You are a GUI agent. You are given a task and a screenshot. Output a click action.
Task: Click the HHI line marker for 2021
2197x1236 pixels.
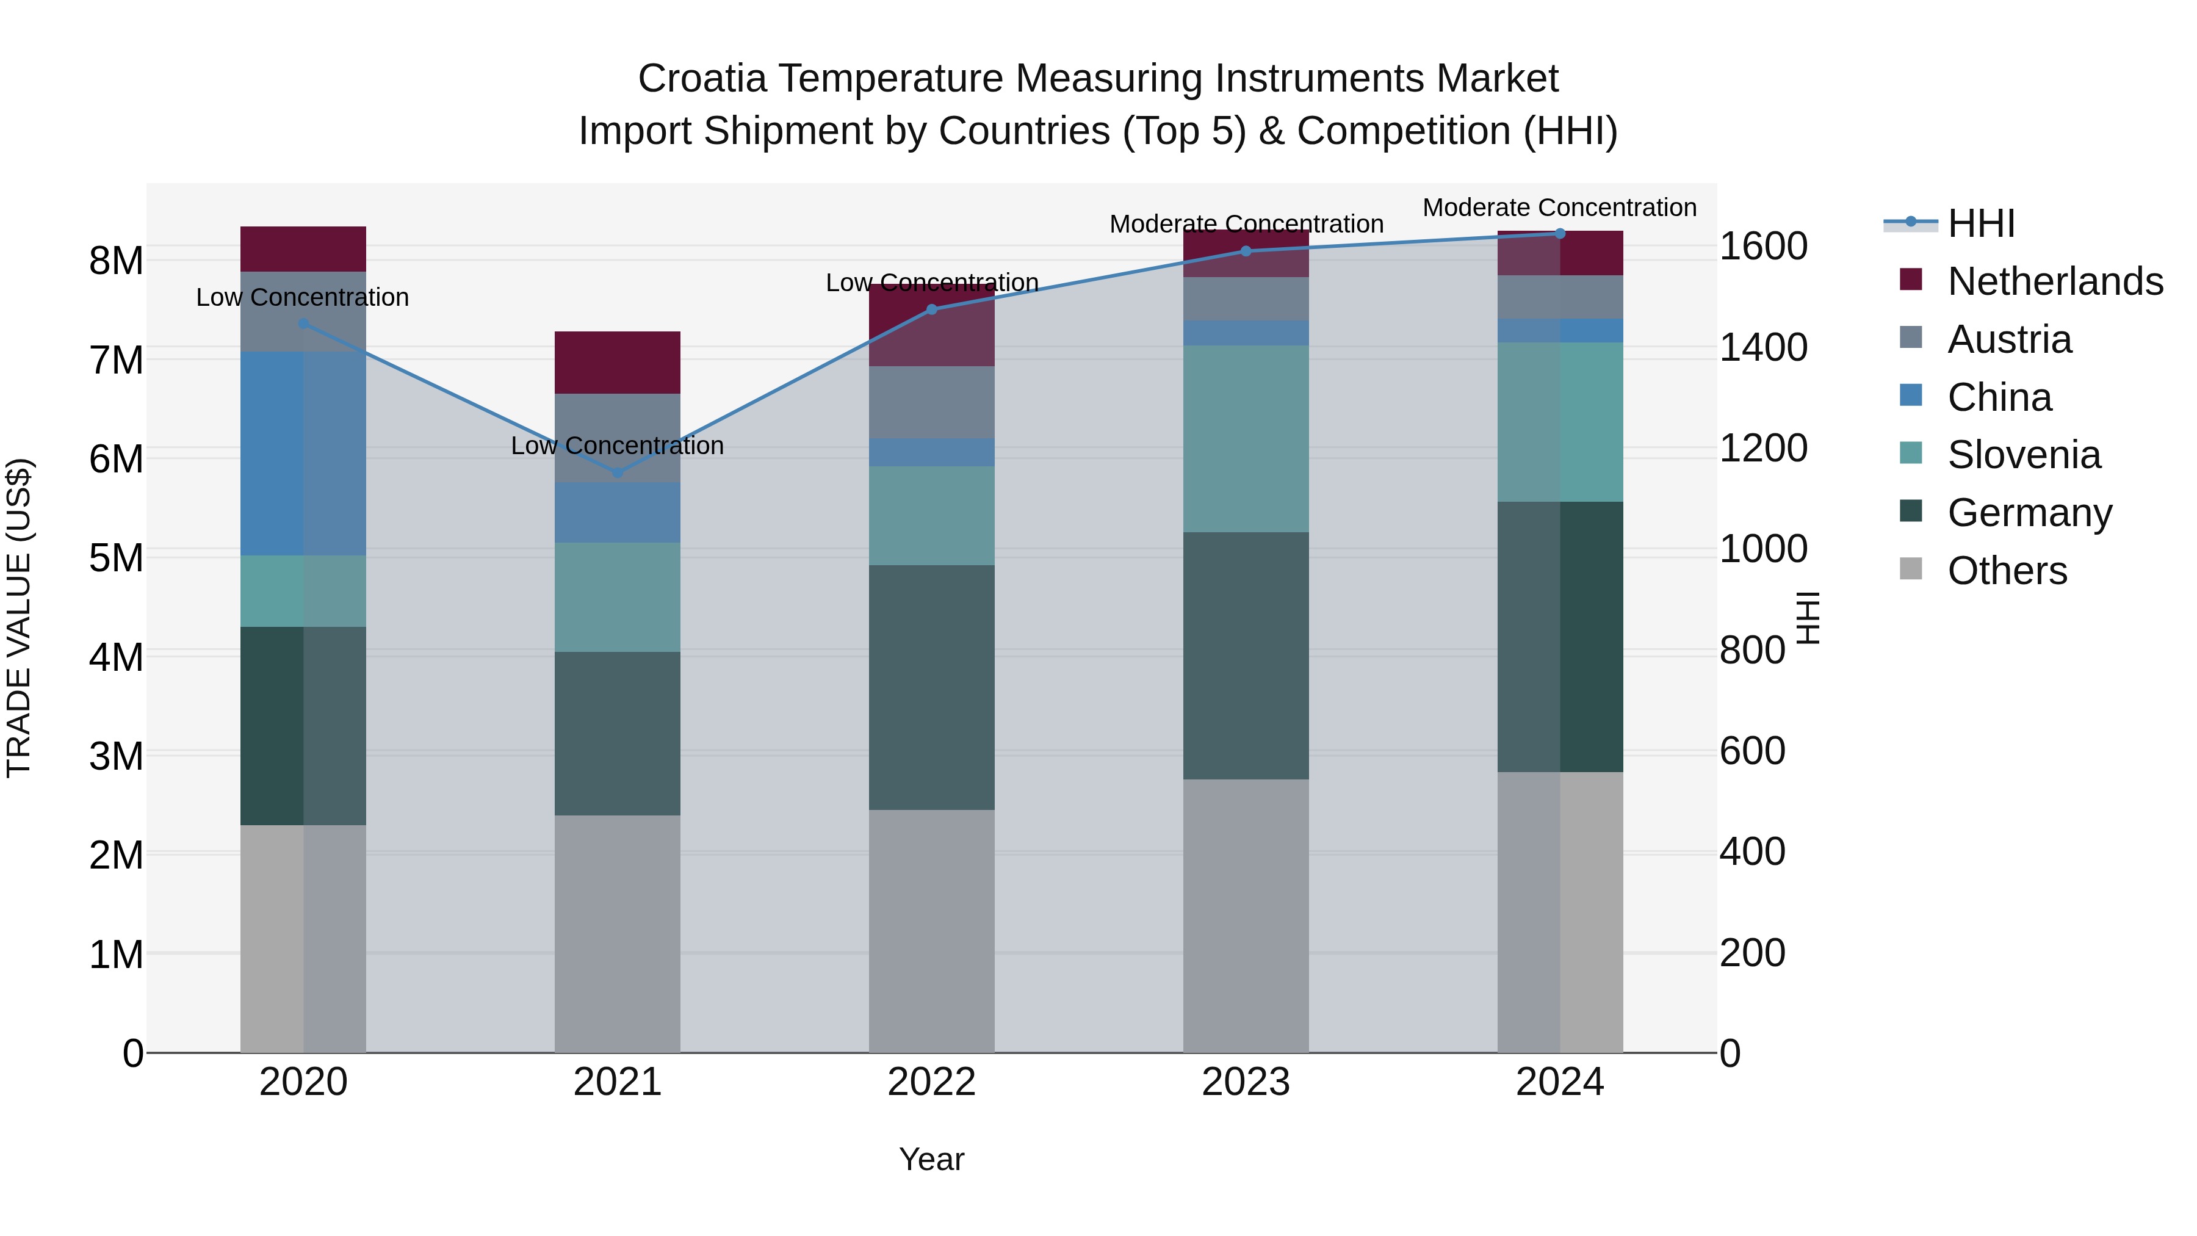click(618, 472)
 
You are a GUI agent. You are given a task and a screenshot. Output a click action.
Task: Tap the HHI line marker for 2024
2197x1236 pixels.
click(1560, 234)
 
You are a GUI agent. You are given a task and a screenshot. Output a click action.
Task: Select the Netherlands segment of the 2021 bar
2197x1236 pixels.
click(618, 363)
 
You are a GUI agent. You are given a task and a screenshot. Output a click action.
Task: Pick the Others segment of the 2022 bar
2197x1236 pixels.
click(931, 931)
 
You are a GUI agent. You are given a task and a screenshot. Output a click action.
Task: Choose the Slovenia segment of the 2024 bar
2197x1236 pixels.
click(1560, 422)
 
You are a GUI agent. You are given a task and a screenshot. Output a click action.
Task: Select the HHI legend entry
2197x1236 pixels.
click(1980, 223)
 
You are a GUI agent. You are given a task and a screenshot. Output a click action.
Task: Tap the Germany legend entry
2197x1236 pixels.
click(2029, 513)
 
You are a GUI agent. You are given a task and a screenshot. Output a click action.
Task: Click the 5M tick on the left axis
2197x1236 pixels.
click(116, 558)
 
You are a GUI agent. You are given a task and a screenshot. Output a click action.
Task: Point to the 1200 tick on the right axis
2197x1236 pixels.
click(1763, 448)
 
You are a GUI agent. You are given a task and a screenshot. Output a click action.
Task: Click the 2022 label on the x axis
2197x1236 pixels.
click(931, 1082)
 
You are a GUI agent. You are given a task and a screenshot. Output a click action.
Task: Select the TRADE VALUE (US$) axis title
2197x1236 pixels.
click(19, 618)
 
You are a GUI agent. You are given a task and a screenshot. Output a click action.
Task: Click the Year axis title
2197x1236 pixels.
click(931, 1159)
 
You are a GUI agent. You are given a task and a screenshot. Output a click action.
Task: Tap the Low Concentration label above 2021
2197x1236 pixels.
click(618, 446)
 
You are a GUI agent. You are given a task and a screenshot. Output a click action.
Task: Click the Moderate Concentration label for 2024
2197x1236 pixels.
click(1559, 208)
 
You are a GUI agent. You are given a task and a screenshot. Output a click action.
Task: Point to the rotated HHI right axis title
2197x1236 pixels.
click(1807, 618)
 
